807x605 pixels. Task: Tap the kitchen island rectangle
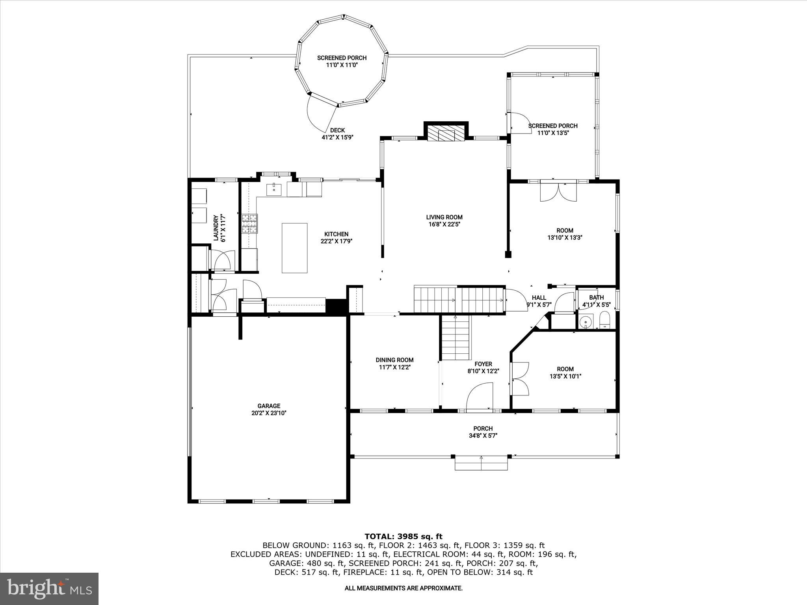(x=294, y=248)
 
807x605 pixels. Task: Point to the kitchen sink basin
(x=274, y=190)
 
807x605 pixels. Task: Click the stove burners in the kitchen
(x=249, y=223)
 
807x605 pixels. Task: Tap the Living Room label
(x=444, y=217)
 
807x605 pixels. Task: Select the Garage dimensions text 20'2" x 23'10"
(x=269, y=413)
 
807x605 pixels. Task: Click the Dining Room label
(x=394, y=360)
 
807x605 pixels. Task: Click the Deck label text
(x=337, y=130)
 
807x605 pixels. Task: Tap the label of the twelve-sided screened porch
(x=342, y=58)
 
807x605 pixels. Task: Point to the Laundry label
(x=216, y=228)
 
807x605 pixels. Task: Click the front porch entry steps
(x=481, y=463)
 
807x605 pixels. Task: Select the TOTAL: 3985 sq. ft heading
(x=403, y=536)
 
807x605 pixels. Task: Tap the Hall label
(x=539, y=298)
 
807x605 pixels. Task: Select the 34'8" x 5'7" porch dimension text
(x=483, y=436)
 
